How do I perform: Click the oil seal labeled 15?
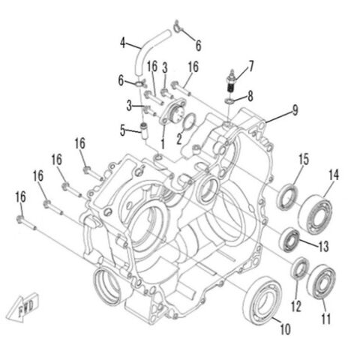pos(286,200)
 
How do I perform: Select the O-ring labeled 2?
pos(190,121)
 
